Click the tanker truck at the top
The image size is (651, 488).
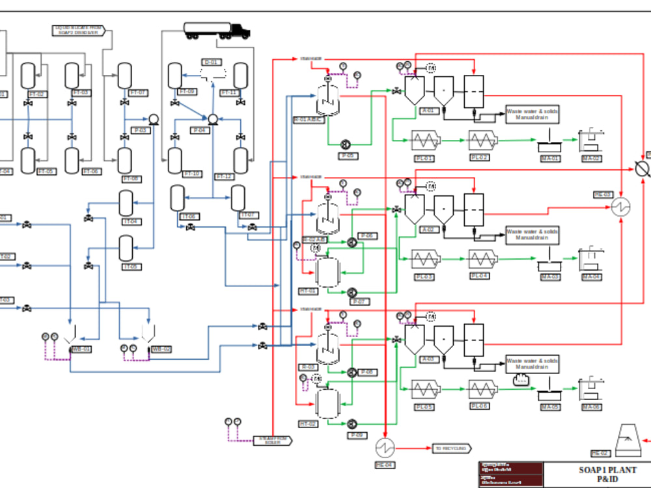click(x=216, y=30)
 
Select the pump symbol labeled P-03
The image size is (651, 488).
click(x=154, y=119)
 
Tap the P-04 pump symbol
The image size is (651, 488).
click(x=212, y=119)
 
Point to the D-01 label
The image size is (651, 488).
click(x=211, y=62)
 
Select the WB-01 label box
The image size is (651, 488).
click(x=81, y=349)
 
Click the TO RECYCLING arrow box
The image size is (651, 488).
click(x=451, y=448)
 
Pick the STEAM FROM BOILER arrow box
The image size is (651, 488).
click(x=272, y=441)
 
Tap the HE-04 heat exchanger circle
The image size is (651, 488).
click(x=385, y=447)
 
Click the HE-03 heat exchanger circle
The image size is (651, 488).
click(x=621, y=208)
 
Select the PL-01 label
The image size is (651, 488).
click(x=424, y=158)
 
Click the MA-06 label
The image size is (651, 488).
click(x=591, y=407)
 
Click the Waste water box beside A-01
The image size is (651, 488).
click(x=533, y=114)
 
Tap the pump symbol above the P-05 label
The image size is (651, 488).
click(x=346, y=144)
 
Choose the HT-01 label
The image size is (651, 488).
click(x=308, y=291)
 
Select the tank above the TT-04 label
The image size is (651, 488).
click(x=126, y=204)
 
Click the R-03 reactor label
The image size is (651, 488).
click(x=308, y=367)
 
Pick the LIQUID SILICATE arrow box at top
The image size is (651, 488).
click(x=77, y=30)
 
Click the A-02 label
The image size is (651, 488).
click(x=428, y=229)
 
